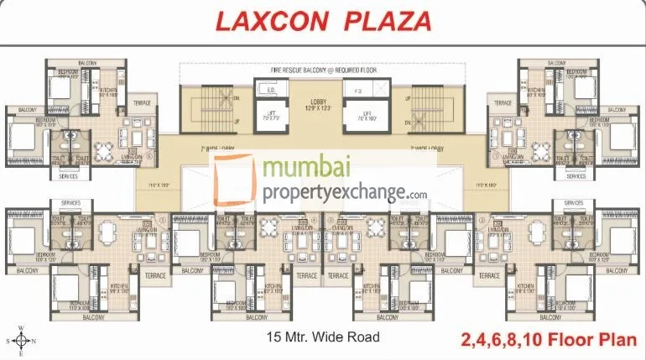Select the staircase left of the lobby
[214, 111]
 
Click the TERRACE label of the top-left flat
[143, 103]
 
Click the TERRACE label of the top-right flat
[503, 103]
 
